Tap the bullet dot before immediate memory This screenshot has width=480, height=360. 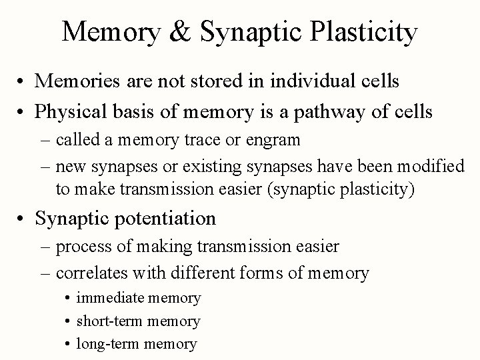[69, 298]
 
